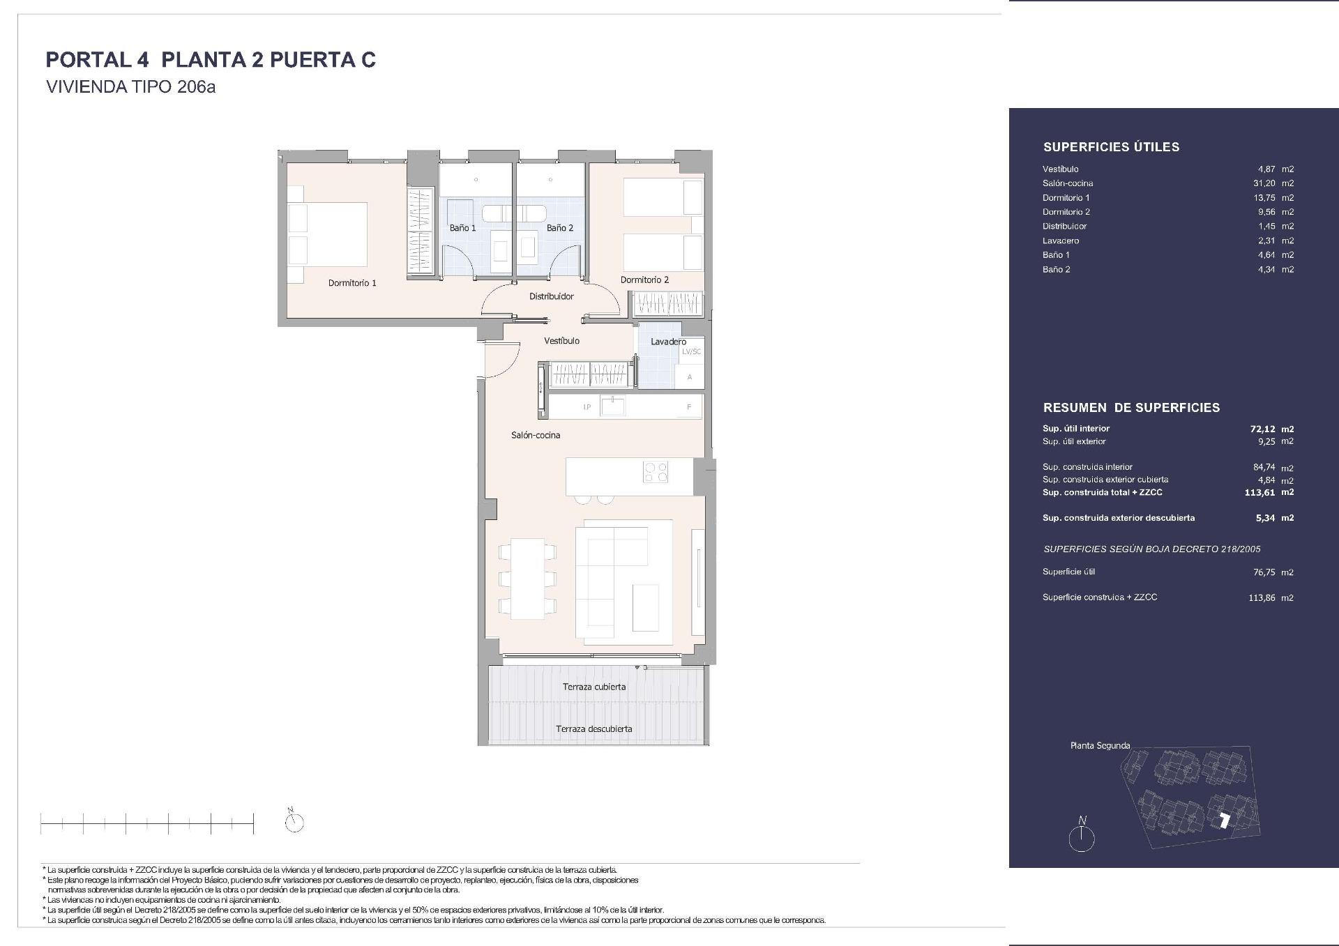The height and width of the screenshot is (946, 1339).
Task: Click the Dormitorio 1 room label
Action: point(352,283)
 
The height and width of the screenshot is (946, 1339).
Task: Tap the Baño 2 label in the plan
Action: point(560,228)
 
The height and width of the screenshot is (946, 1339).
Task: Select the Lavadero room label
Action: point(668,342)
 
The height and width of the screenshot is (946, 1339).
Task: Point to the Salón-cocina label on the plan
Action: point(536,435)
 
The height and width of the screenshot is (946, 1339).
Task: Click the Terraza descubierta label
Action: point(594,729)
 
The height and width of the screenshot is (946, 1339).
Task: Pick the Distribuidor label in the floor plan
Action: point(551,296)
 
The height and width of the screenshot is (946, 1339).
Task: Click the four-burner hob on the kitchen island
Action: point(655,472)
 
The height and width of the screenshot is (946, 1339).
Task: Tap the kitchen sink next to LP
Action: point(614,406)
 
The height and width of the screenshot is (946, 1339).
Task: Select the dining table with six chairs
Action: point(527,578)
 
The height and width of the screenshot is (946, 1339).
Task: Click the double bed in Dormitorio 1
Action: point(328,235)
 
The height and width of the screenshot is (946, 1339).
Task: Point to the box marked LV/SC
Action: point(691,351)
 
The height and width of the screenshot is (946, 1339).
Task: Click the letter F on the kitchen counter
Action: point(689,407)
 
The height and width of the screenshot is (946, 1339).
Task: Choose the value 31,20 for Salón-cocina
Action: point(1264,183)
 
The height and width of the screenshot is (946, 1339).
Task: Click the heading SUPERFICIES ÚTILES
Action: point(1111,147)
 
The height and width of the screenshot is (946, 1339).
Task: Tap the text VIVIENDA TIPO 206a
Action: point(130,87)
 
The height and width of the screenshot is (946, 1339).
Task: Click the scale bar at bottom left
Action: point(147,824)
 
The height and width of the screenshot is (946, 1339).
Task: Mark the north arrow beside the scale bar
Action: point(294,821)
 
